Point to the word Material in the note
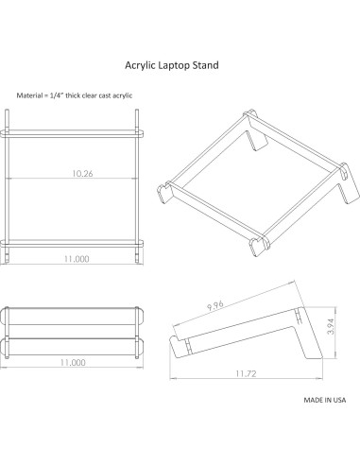[x=30, y=96]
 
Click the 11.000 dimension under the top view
[x=77, y=258]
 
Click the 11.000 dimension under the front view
[x=77, y=362]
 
